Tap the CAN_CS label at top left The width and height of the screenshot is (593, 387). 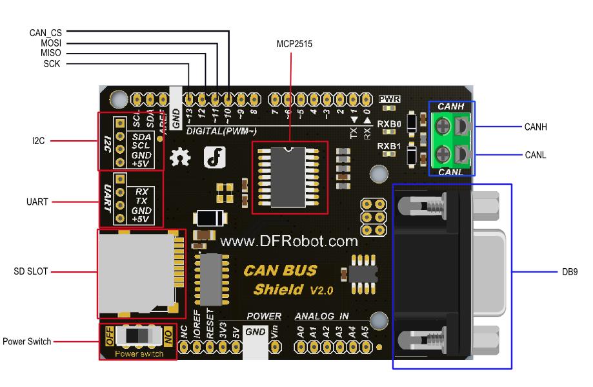click(x=45, y=32)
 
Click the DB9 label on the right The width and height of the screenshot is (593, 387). click(x=569, y=272)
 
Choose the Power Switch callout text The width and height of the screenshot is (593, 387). click(x=26, y=340)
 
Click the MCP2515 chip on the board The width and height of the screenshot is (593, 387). click(x=288, y=178)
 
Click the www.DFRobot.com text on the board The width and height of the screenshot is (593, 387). click(x=288, y=242)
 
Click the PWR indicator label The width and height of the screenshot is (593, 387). click(x=390, y=99)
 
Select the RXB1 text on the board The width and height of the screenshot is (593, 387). click(x=389, y=147)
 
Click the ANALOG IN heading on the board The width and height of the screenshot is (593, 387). click(x=321, y=317)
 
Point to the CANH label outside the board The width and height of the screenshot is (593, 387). click(x=535, y=127)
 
